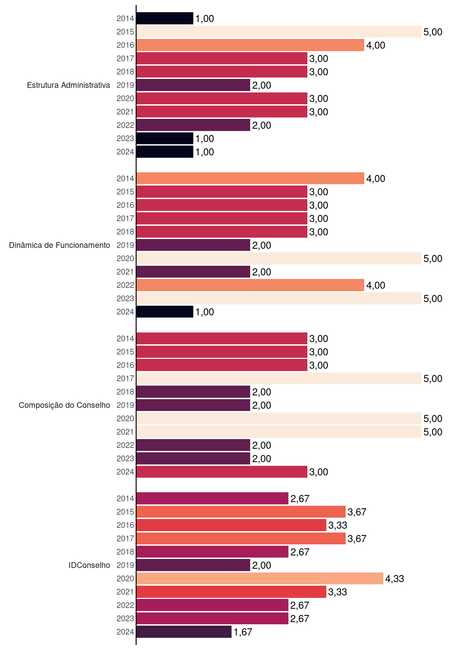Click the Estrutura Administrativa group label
(x=68, y=85)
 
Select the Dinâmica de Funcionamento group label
(x=60, y=245)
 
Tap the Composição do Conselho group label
(x=64, y=405)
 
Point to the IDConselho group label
(x=89, y=565)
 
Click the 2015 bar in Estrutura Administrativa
(x=279, y=32)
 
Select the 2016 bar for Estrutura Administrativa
(x=251, y=45)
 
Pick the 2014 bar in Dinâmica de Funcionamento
(x=251, y=178)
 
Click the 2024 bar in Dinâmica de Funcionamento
(x=165, y=312)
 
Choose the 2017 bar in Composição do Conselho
(x=279, y=378)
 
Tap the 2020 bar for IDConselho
(x=260, y=579)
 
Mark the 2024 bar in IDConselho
(x=184, y=632)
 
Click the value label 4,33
(x=395, y=579)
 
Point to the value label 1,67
(x=243, y=632)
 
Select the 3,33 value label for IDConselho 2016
(x=338, y=525)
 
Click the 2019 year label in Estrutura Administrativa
(x=125, y=85)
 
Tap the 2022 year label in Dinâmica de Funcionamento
(x=125, y=285)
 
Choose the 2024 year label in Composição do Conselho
(x=125, y=472)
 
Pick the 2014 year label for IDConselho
(x=125, y=498)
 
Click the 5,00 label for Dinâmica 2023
(x=433, y=299)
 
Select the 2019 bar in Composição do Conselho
(x=193, y=405)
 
